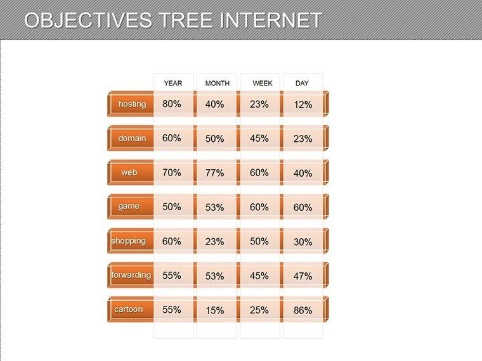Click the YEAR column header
point(173,84)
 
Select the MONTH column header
point(217,84)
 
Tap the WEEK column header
point(263,84)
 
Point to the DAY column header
point(302,84)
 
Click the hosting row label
point(132,104)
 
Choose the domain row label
point(132,138)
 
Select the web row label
point(129,172)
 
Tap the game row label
point(129,206)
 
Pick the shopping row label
point(129,241)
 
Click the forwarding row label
point(131,275)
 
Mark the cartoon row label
point(129,310)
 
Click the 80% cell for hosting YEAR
point(172,104)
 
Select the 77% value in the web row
point(215,173)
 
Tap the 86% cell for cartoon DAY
point(303,310)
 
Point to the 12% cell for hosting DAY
point(303,104)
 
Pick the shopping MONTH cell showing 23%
point(215,241)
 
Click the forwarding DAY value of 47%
point(303,276)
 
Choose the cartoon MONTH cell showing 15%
point(215,310)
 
